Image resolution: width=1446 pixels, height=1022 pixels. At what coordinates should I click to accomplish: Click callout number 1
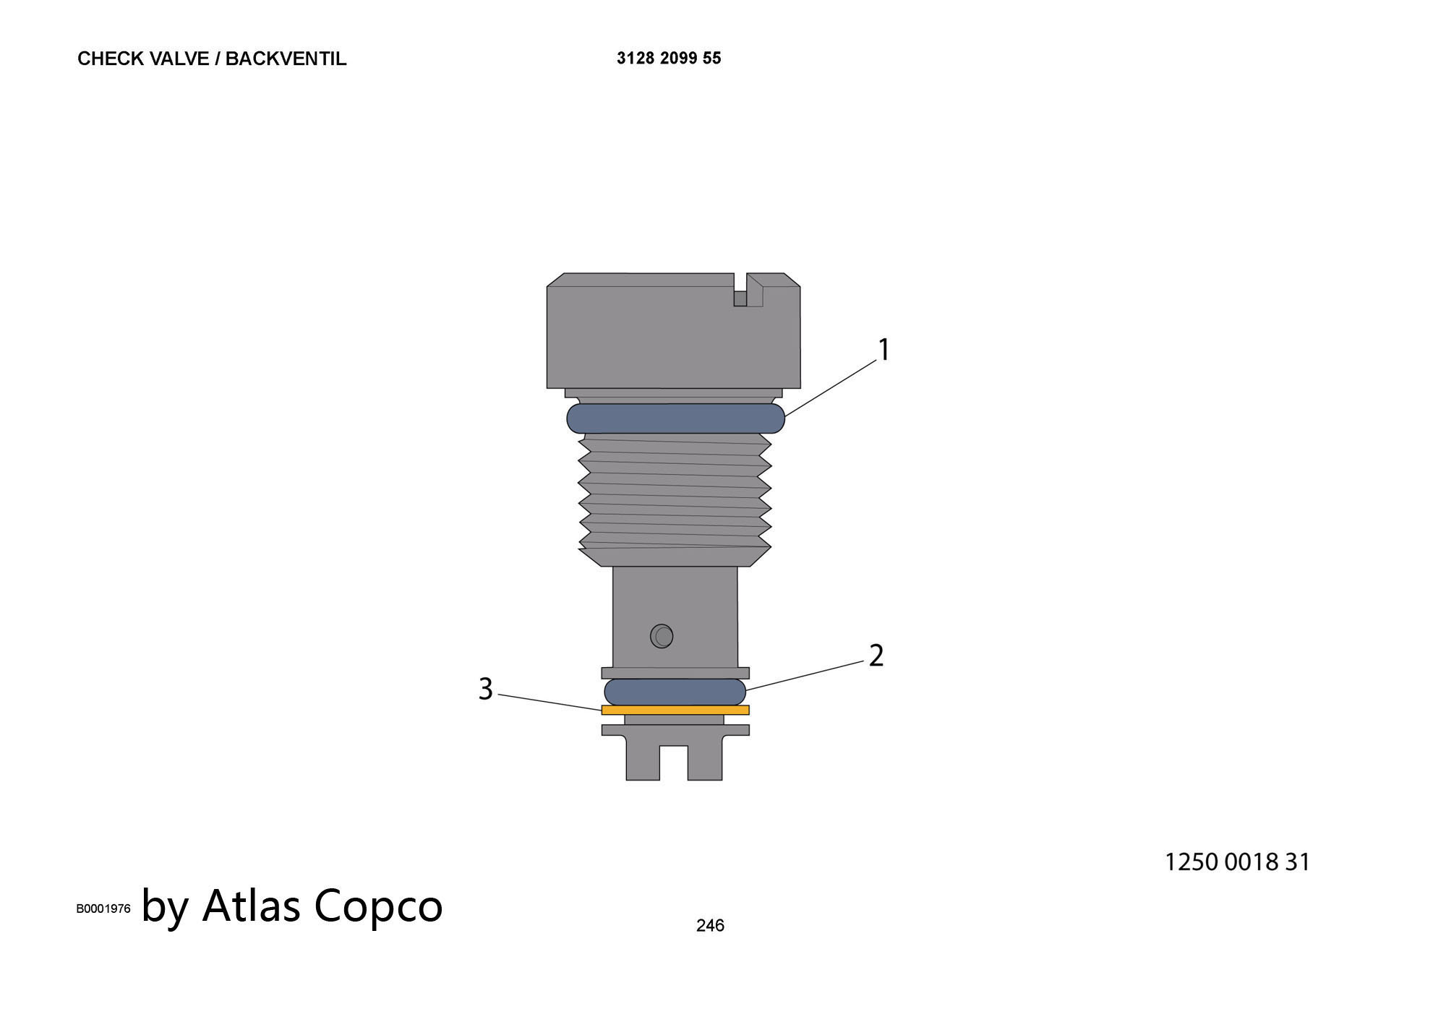point(884,350)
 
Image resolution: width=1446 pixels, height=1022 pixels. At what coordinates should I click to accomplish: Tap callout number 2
point(876,656)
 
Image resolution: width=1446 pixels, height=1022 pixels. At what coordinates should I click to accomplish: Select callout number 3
point(486,689)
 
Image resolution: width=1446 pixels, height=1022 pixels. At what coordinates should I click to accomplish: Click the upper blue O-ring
point(675,418)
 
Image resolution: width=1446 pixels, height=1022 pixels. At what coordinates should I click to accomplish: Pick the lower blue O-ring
point(675,692)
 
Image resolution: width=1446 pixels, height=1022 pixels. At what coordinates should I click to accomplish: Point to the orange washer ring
point(675,710)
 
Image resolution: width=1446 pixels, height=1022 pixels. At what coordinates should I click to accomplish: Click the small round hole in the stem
point(662,636)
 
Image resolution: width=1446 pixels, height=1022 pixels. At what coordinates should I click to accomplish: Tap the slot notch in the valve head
point(740,290)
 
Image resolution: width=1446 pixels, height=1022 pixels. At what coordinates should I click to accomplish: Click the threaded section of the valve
point(675,499)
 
